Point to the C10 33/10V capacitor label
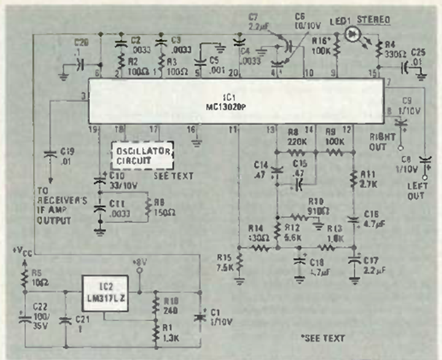click(116, 181)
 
